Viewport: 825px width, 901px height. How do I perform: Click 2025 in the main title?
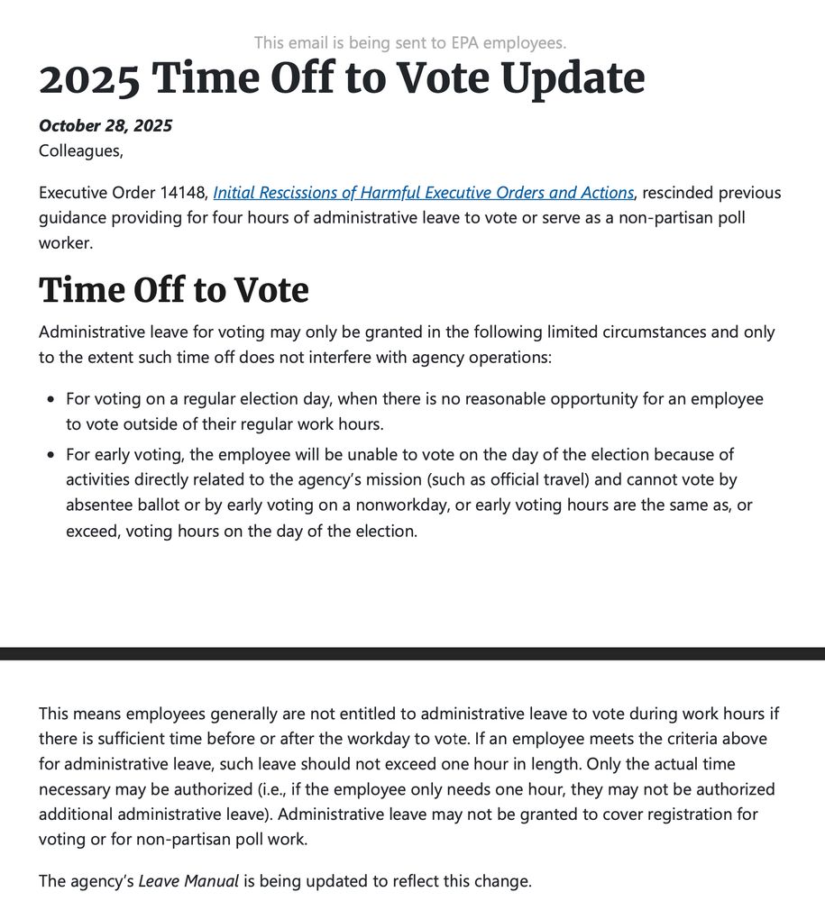(x=89, y=79)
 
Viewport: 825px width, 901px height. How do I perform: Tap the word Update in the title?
(x=573, y=79)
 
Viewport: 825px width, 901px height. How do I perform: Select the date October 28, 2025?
(x=105, y=125)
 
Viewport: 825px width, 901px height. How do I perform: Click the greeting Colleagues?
(x=80, y=150)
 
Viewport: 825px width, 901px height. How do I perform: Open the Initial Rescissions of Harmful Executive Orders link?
(x=424, y=193)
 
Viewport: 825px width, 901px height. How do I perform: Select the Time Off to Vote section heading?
(x=174, y=290)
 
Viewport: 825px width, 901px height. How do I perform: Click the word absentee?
(x=98, y=505)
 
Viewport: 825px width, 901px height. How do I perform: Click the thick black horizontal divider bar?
(x=412, y=653)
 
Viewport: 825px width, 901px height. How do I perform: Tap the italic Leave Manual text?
(x=188, y=881)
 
